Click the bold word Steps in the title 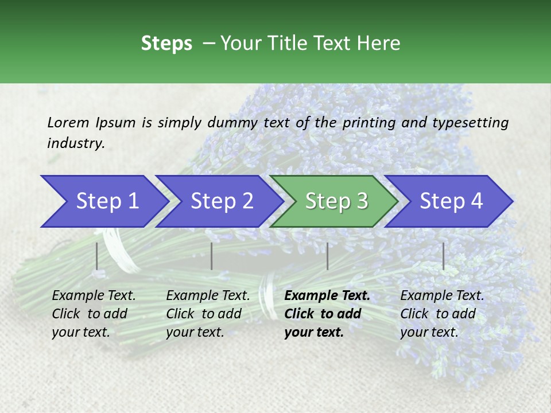tap(166, 43)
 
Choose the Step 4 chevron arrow tap(451, 201)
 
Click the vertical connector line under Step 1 tap(96, 256)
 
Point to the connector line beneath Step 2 tap(211, 256)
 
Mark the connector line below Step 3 tap(327, 256)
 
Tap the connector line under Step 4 tap(443, 256)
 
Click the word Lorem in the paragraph tap(68, 122)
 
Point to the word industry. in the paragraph tap(76, 143)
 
